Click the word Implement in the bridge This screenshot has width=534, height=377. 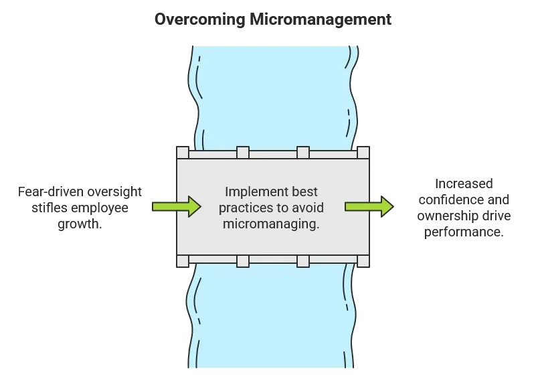(x=252, y=191)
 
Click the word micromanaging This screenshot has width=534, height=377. (x=270, y=224)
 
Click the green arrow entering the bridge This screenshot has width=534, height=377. (x=176, y=206)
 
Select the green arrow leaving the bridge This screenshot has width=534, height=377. (x=369, y=206)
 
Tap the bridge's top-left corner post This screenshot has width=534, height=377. (x=183, y=153)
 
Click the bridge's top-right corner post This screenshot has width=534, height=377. (x=362, y=153)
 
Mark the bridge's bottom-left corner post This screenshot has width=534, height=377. (x=183, y=260)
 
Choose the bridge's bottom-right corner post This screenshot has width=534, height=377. (x=362, y=260)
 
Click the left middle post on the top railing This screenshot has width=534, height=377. (x=242, y=153)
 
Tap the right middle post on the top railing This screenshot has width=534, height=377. (x=302, y=153)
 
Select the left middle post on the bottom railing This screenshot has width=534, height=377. (x=242, y=260)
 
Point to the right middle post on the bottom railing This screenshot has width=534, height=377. (x=302, y=260)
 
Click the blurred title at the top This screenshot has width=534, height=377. (x=274, y=20)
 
